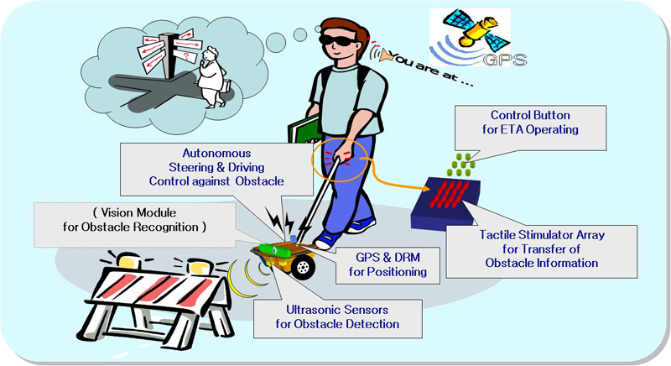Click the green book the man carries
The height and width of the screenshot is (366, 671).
[x=304, y=132]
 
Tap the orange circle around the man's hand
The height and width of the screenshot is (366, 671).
[x=343, y=157]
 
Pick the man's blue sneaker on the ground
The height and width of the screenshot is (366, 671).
[x=360, y=225]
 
